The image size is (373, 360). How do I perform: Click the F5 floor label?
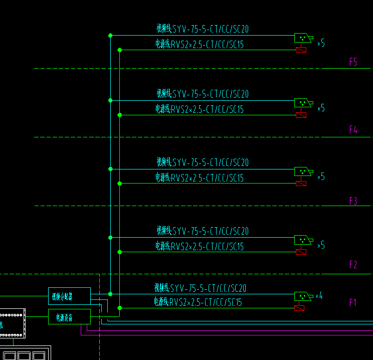(353, 62)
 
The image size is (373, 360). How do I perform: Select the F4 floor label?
(353, 130)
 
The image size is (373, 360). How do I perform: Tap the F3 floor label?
(353, 201)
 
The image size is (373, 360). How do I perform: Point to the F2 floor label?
(353, 265)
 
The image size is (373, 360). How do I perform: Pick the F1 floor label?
(353, 303)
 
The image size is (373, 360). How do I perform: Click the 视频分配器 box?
(69, 296)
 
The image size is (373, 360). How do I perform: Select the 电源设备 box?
(69, 317)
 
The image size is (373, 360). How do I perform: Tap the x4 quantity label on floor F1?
(318, 296)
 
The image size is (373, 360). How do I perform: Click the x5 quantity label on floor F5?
(321, 44)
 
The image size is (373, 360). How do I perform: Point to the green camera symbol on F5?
(302, 38)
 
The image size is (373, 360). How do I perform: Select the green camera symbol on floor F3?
(302, 171)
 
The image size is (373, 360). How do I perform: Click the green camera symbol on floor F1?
(302, 296)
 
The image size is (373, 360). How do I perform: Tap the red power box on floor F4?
(301, 115)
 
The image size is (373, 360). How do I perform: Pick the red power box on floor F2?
(301, 252)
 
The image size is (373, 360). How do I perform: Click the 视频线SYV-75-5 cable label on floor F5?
(202, 30)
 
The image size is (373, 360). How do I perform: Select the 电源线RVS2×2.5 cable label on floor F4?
(199, 109)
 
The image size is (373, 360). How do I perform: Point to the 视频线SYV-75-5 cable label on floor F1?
(200, 288)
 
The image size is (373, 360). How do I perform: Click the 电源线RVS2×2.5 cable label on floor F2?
(199, 247)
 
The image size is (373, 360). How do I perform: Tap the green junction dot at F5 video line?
(110, 35)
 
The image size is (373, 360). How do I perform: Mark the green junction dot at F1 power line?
(119, 308)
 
